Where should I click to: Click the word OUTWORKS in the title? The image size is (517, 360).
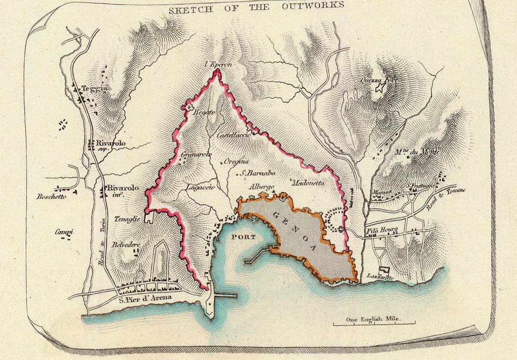pyautogui.click(x=314, y=6)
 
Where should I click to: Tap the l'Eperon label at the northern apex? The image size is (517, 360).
pyautogui.click(x=218, y=64)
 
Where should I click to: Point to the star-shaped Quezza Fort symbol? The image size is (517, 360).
pyautogui.click(x=380, y=88)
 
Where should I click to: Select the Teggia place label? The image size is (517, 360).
pyautogui.click(x=95, y=89)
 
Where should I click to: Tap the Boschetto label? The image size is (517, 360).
pyautogui.click(x=51, y=197)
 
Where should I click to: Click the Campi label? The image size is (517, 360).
pyautogui.click(x=64, y=232)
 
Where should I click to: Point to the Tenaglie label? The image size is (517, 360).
pyautogui.click(x=127, y=219)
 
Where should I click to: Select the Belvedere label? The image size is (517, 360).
pyautogui.click(x=126, y=244)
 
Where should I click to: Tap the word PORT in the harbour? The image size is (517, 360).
pyautogui.click(x=243, y=237)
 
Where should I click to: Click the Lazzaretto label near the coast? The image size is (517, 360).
pyautogui.click(x=380, y=277)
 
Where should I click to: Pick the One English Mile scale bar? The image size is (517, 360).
pyautogui.click(x=374, y=322)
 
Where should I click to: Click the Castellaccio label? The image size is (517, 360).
pyautogui.click(x=234, y=135)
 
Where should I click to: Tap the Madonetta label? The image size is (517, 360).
pyautogui.click(x=308, y=183)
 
